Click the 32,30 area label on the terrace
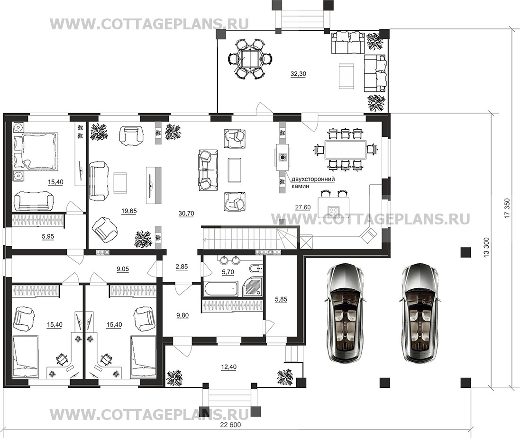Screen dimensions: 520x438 coord(298,74)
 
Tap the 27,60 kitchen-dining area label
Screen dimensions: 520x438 coord(303,207)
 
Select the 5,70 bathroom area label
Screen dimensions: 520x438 coord(228,272)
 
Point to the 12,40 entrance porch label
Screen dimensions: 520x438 coord(229,367)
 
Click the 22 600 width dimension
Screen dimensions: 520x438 coord(230,425)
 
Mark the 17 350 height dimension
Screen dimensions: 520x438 coord(506,209)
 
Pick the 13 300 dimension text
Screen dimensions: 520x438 coord(486,247)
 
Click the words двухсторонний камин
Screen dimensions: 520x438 coord(313,182)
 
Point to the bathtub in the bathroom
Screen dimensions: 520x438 coord(221,288)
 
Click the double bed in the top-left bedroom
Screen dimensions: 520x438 coord(34,151)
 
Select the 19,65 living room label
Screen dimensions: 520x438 coord(129,211)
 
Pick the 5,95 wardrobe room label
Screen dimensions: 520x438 coord(48,237)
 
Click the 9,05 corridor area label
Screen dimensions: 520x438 coord(123,269)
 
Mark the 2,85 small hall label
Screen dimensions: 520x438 coord(182,267)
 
